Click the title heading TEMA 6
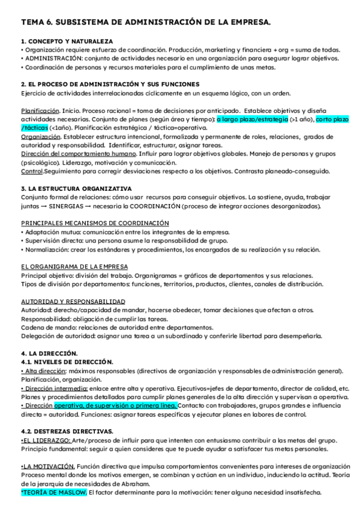click(x=146, y=22)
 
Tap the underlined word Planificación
click(x=40, y=111)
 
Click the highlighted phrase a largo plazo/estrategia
click(x=252, y=119)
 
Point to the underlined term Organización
click(x=40, y=137)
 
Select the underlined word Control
click(x=31, y=171)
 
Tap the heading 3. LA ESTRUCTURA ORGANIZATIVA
click(x=76, y=188)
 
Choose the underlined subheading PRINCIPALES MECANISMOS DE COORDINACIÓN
click(x=95, y=223)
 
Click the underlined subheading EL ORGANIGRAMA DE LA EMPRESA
click(x=74, y=266)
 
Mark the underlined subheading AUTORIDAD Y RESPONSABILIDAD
click(x=73, y=301)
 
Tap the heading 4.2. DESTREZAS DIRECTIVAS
click(x=67, y=431)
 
